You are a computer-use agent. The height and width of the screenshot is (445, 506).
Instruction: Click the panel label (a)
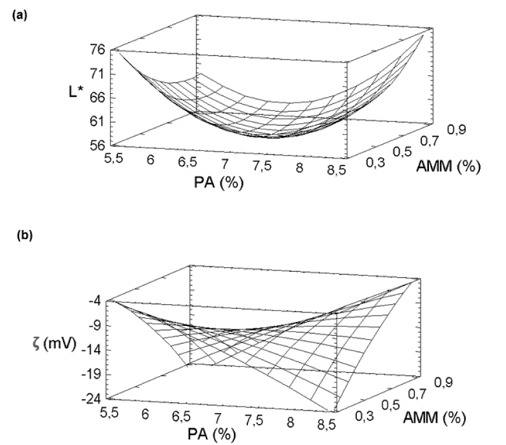tap(15, 15)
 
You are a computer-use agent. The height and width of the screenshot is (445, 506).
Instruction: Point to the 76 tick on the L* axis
tap(97, 50)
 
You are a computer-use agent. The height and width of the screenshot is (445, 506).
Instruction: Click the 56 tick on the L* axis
tap(97, 145)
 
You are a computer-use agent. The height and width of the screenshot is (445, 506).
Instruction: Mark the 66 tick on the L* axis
tap(97, 97)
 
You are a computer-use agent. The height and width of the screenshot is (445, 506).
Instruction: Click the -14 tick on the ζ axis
tap(97, 350)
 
